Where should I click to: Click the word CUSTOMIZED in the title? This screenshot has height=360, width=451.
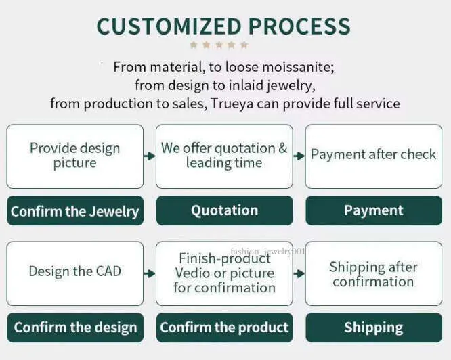tap(169, 26)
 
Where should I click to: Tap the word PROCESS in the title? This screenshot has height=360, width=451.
tap(299, 26)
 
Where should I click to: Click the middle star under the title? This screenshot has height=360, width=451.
tap(219, 45)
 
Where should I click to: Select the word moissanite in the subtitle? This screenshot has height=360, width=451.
tap(298, 67)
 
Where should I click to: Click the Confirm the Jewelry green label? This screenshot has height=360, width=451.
tap(75, 210)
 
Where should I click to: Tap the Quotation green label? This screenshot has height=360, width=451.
tap(225, 210)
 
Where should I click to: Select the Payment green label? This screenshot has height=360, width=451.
tap(374, 210)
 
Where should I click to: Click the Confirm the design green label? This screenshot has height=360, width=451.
tap(75, 328)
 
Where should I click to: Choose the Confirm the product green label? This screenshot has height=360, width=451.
tap(225, 328)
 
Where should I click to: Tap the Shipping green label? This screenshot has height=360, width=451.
tap(374, 328)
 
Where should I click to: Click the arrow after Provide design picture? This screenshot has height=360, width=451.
tap(150, 156)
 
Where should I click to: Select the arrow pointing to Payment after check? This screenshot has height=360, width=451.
tap(299, 156)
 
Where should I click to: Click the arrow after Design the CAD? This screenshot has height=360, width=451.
tap(150, 273)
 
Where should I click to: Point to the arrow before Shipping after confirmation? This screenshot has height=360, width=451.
tap(299, 273)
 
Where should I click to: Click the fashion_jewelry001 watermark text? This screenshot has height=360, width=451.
tap(267, 252)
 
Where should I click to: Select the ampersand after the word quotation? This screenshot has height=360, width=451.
tap(283, 148)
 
